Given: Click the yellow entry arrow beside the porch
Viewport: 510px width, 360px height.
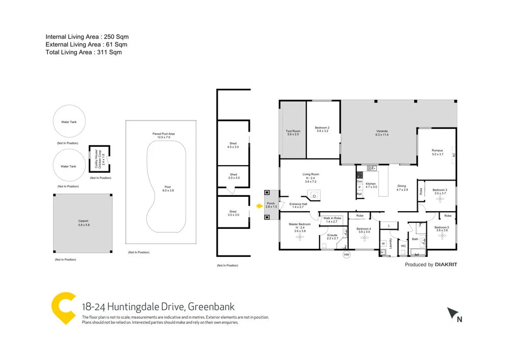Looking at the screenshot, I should [259, 205].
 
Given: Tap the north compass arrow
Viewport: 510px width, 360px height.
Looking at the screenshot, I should [453, 314].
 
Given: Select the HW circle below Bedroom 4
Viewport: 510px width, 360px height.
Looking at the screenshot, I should [347, 254].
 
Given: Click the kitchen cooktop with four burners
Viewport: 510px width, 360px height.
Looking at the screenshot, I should [359, 174].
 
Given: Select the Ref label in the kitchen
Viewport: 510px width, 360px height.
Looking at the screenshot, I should [359, 194].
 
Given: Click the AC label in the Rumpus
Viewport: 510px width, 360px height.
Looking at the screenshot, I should [453, 156].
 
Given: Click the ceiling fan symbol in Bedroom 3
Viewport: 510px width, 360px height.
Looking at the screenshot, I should [440, 200].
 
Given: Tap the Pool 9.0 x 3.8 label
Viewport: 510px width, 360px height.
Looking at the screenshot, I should [168, 188].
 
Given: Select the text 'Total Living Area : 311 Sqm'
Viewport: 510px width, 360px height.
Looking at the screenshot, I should [84, 52].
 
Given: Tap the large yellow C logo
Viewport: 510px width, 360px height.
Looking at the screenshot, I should [63, 308].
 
